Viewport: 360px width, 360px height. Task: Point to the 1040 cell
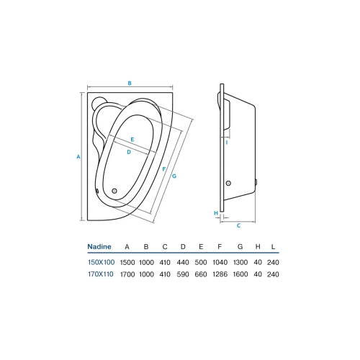point(222,261)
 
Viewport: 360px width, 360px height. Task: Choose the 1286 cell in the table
point(222,274)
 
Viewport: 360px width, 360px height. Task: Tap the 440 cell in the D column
point(183,261)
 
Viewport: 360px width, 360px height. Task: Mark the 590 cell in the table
point(183,274)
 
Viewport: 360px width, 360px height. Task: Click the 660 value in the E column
point(202,274)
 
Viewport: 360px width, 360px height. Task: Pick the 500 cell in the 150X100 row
point(202,261)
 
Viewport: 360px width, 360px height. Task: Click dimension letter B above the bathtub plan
point(130,84)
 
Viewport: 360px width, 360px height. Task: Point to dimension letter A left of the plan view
point(78,156)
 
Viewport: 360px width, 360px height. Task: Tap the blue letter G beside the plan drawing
point(174,176)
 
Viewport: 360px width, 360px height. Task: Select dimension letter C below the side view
point(238,225)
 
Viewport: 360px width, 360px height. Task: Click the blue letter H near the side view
point(215,213)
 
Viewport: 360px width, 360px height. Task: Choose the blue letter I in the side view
point(227,143)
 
